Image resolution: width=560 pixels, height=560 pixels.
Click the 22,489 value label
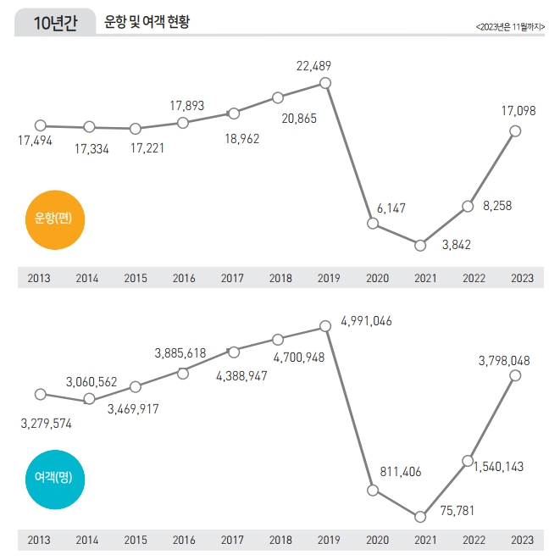tap(313, 64)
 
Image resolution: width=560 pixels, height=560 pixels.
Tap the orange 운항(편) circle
tap(53, 218)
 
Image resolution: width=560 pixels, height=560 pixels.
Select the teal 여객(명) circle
tap(53, 477)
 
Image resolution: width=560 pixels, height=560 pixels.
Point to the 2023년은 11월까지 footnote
tap(510, 27)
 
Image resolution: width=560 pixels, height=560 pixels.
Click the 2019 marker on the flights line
tap(326, 82)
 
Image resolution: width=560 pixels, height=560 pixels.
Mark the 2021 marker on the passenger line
tap(420, 516)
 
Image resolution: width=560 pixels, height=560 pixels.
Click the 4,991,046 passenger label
tap(366, 321)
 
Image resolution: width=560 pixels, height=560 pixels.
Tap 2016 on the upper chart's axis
tap(184, 278)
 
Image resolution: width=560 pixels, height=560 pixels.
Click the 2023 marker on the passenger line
tap(515, 380)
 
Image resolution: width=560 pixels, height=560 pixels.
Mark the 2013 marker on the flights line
tap(40, 125)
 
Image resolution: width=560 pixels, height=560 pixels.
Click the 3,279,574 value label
tap(47, 423)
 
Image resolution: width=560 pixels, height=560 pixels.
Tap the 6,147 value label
tap(391, 208)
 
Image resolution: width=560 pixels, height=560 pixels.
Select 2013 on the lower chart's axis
tap(39, 539)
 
